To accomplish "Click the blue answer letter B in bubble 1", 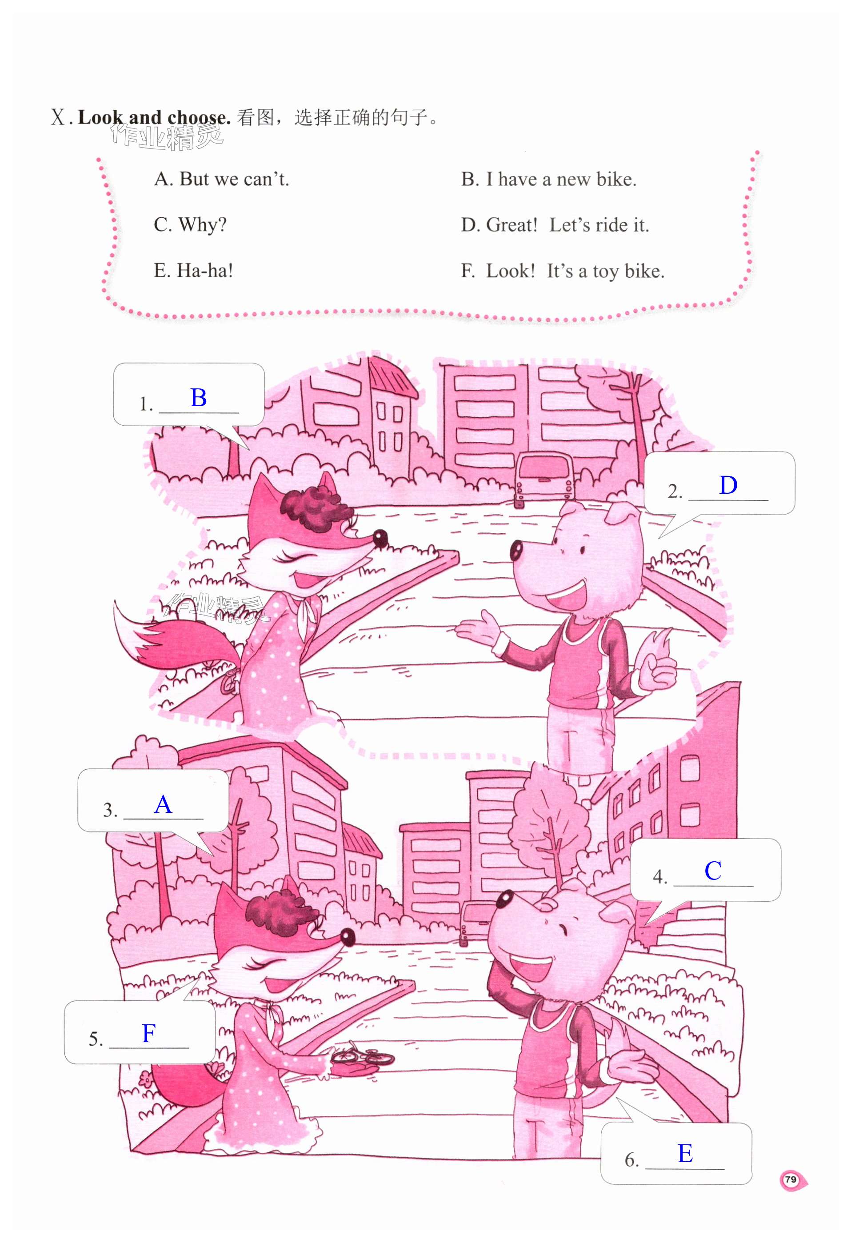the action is click(199, 398).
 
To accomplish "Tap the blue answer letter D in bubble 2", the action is click(728, 486).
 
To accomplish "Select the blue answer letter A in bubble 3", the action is click(163, 804).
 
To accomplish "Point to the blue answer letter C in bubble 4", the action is click(713, 871).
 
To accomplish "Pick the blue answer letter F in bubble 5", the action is click(149, 1033).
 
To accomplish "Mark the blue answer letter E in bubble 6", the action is click(685, 1153).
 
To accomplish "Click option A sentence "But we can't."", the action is click(234, 179).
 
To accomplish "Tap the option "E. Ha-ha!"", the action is click(194, 271).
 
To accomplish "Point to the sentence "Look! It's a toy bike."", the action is click(575, 271).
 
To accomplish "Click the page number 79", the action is click(791, 1179).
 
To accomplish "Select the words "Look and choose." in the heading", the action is click(155, 117).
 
